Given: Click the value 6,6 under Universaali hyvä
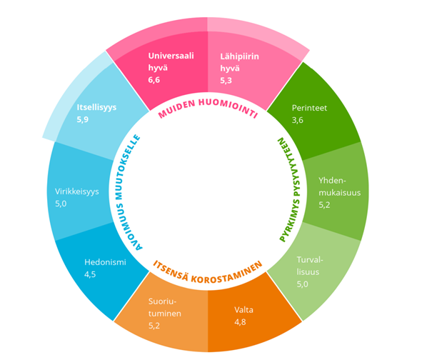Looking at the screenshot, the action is pyautogui.click(x=154, y=80).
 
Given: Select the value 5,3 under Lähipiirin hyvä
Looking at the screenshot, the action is pyautogui.click(x=226, y=81).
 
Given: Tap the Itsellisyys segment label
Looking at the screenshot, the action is pyautogui.click(x=96, y=107).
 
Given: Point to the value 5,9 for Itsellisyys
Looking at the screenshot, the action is pyautogui.click(x=83, y=119).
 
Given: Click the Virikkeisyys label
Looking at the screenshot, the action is pyautogui.click(x=77, y=191).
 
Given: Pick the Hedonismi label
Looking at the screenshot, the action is pyautogui.click(x=105, y=262).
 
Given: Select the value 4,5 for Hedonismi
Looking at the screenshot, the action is pyautogui.click(x=90, y=275).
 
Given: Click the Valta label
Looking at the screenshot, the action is pyautogui.click(x=243, y=310).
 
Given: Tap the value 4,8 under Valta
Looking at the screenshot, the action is pyautogui.click(x=240, y=322).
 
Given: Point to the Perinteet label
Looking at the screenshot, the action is pyautogui.click(x=309, y=108).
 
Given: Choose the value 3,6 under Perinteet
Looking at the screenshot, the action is pyautogui.click(x=298, y=120).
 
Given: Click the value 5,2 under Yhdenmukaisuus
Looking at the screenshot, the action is pyautogui.click(x=325, y=205).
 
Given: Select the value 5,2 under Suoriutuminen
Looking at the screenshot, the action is pyautogui.click(x=154, y=326).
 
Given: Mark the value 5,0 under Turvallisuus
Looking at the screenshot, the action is pyautogui.click(x=303, y=284).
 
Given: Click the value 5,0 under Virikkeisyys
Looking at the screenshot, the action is pyautogui.click(x=61, y=204).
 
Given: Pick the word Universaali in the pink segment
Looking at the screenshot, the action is pyautogui.click(x=171, y=56).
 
